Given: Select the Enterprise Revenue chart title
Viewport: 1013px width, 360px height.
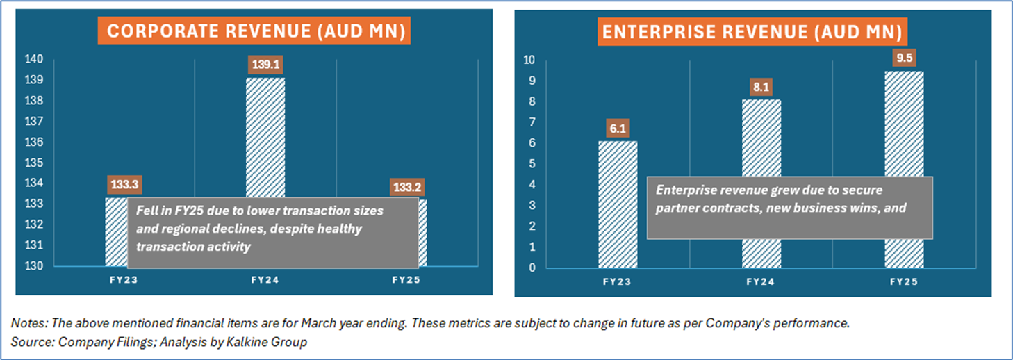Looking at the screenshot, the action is [x=752, y=32].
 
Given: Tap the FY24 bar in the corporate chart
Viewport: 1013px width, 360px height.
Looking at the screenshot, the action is [x=265, y=138].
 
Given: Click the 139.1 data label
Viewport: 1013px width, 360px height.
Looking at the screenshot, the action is [x=265, y=64].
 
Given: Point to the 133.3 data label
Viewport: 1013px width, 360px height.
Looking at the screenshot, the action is [x=124, y=185].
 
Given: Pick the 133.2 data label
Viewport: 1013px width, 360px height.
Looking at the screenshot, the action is [x=407, y=187].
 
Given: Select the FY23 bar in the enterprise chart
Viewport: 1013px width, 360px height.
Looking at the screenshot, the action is [x=618, y=204].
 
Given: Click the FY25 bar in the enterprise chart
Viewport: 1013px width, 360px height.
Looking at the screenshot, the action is [x=905, y=124].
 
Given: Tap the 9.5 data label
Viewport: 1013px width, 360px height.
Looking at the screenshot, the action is [x=905, y=58].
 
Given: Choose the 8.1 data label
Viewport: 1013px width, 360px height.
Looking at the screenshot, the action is [x=761, y=87].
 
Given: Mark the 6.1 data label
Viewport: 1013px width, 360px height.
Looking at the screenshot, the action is [x=618, y=129].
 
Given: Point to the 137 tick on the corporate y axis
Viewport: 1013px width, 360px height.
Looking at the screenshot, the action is [x=34, y=121].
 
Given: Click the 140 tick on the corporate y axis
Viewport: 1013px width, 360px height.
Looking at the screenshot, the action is [x=34, y=59].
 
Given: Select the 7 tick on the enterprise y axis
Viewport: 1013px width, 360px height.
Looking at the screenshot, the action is [x=532, y=122].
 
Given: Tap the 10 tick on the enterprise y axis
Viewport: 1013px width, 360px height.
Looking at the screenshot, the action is [x=529, y=60].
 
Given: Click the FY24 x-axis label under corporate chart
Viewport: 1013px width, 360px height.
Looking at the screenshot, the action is [x=265, y=280].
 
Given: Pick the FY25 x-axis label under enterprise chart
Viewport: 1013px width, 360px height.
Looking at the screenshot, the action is [x=904, y=281].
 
